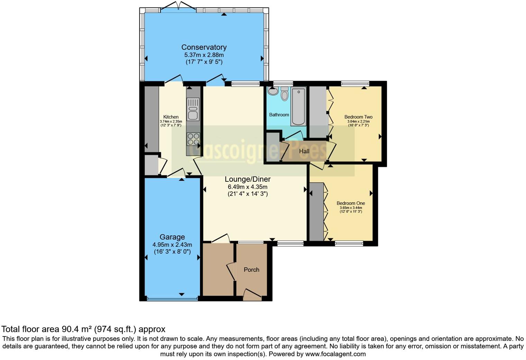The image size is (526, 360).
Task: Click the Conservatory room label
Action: pyautogui.click(x=204, y=47)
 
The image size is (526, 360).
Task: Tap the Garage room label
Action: pyautogui.click(x=172, y=237)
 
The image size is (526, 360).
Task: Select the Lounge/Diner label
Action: pyautogui.click(x=247, y=179)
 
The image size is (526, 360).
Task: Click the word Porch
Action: pyautogui.click(x=251, y=270)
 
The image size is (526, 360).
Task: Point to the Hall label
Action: pyautogui.click(x=304, y=151)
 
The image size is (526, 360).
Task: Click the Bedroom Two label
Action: pyautogui.click(x=358, y=117)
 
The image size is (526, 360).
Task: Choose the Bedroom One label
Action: pyautogui.click(x=351, y=203)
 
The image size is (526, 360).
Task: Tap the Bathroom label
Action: pyautogui.click(x=279, y=115)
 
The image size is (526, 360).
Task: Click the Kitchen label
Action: pyautogui.click(x=171, y=117)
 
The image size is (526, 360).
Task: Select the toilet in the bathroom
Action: pyautogui.click(x=284, y=94)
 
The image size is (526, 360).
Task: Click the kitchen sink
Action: pyautogui.click(x=193, y=109)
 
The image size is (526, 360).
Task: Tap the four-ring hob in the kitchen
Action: pyautogui.click(x=193, y=139)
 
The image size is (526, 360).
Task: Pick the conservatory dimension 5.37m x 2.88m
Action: pyautogui.click(x=204, y=55)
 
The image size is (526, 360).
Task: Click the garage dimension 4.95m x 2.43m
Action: pyautogui.click(x=172, y=245)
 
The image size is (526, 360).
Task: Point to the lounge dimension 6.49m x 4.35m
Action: pyautogui.click(x=247, y=187)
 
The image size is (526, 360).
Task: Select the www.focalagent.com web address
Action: pyautogui.click(x=335, y=354)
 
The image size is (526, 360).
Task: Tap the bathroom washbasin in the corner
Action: pyautogui.click(x=273, y=91)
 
